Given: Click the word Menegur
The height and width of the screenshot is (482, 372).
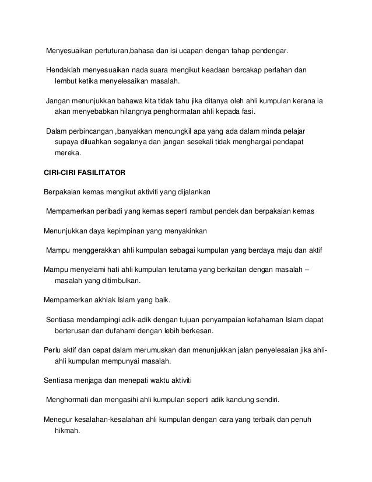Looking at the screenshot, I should pos(58,421).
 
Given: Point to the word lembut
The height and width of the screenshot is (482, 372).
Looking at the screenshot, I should pos(66,81).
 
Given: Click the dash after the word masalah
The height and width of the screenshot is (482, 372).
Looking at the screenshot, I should pos(307,270).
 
